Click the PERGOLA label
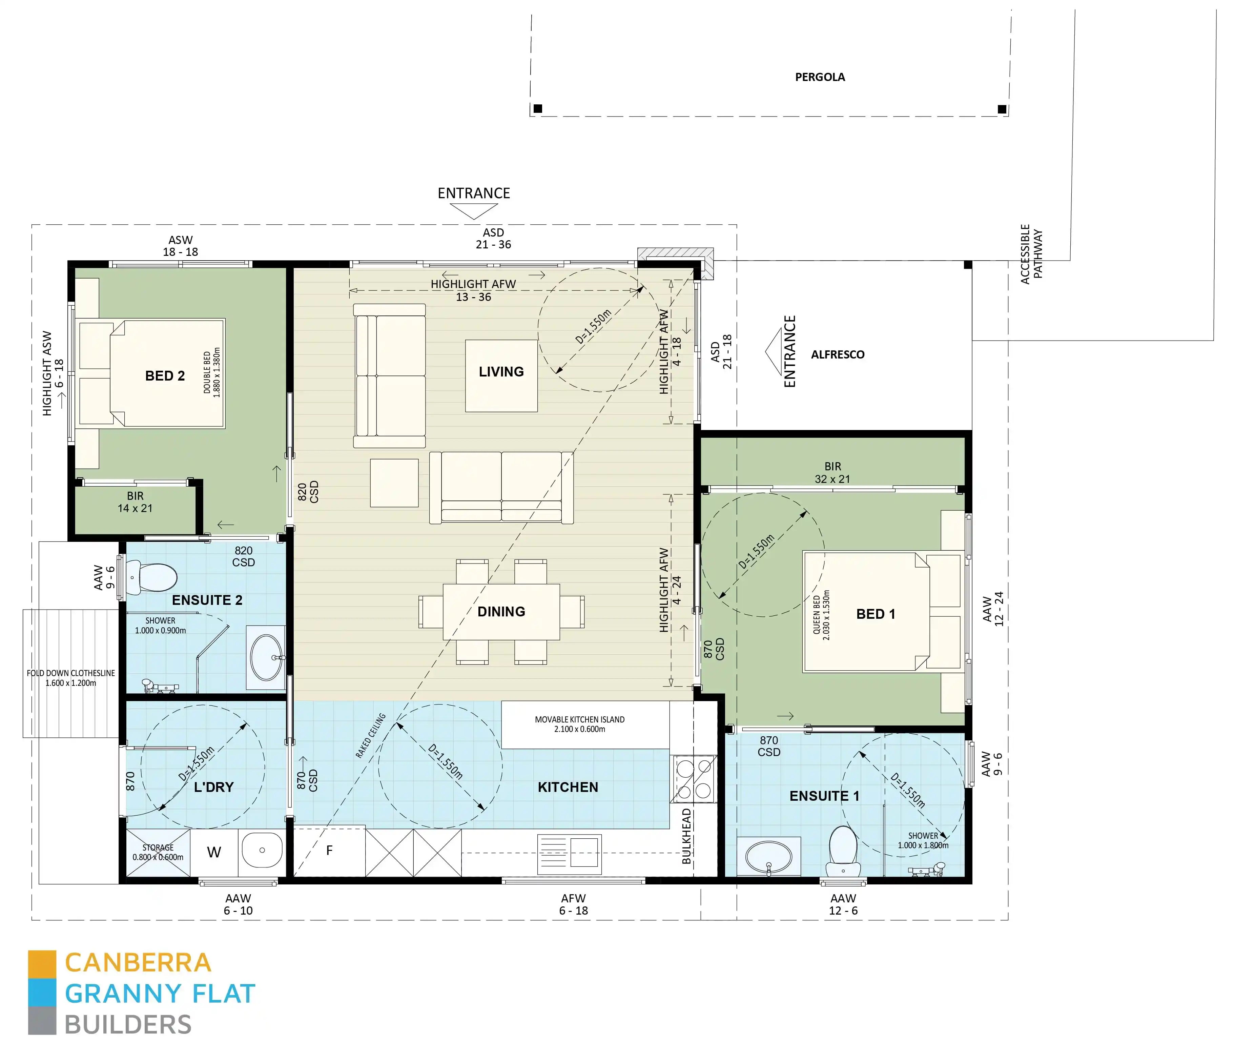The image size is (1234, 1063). point(820,77)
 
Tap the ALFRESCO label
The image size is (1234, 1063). point(837,354)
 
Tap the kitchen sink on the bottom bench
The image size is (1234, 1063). point(569,853)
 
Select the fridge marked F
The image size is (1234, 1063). point(329,851)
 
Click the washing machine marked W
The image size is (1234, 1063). point(214,852)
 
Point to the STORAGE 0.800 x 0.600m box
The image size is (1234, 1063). point(158,852)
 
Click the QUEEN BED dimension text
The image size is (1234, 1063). point(821,615)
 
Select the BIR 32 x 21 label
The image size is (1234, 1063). point(832,473)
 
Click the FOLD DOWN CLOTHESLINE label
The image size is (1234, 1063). point(71,678)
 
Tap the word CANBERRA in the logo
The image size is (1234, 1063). point(138,963)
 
